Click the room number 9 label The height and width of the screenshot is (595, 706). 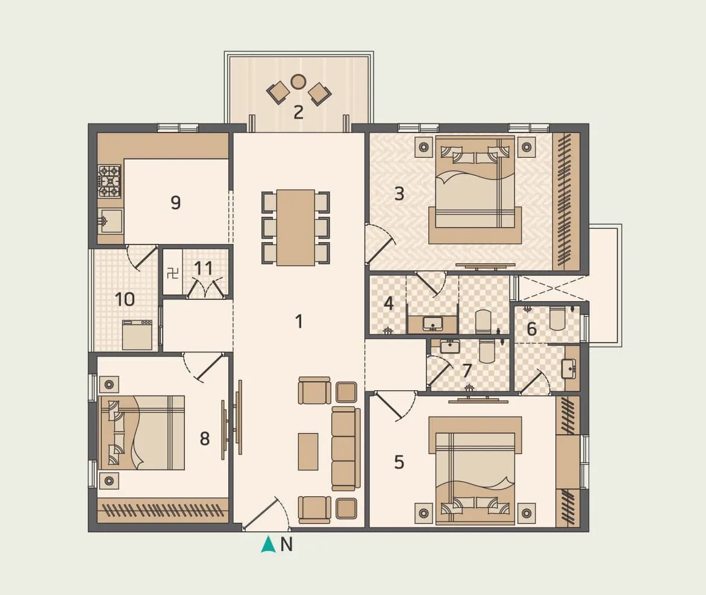(175, 202)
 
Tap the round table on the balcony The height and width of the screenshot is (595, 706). (298, 81)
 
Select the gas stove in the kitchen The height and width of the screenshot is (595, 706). (110, 181)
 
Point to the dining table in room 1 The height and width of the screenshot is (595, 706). (295, 227)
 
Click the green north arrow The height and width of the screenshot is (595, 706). (267, 544)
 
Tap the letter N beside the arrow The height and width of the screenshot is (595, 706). (287, 544)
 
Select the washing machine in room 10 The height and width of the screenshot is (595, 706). (137, 334)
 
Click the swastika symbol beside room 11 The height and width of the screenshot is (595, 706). (172, 273)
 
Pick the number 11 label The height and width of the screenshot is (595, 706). (204, 268)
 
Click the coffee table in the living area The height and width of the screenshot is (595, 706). (308, 451)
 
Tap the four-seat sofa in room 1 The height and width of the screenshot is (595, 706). (345, 449)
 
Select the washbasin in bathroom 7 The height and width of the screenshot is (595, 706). (449, 346)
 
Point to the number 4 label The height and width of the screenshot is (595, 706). (389, 304)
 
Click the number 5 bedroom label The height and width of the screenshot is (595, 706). (399, 462)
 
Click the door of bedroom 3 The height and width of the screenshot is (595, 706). (381, 245)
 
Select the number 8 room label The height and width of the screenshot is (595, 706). (205, 438)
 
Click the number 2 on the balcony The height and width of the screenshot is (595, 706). (298, 112)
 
